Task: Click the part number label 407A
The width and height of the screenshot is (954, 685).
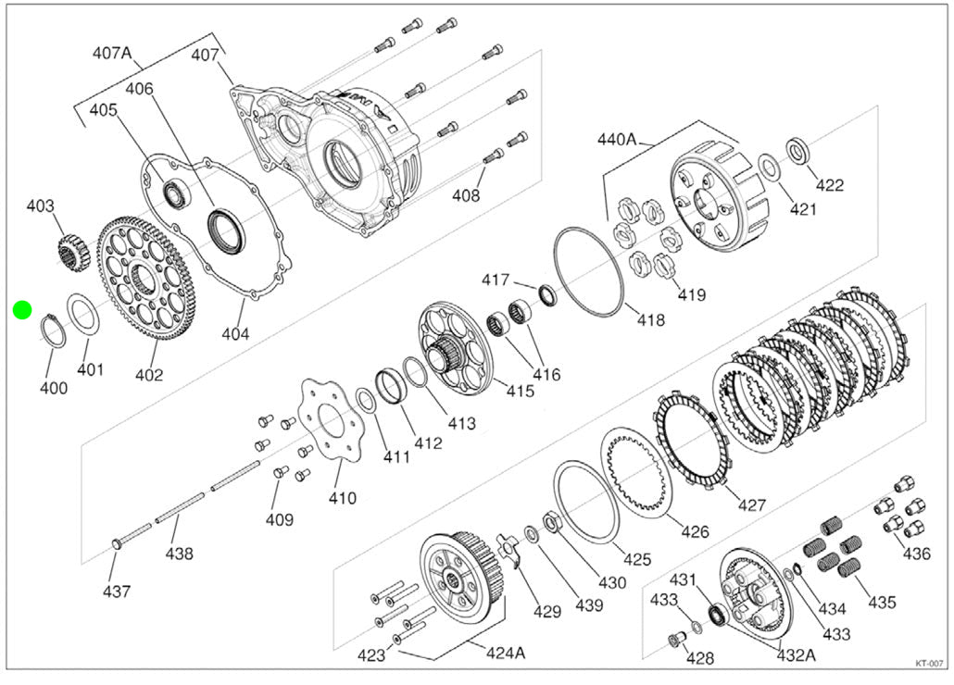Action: [x=112, y=53]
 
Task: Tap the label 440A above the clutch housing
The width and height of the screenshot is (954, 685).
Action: [x=617, y=140]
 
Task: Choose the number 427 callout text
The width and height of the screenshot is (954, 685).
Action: [x=752, y=504]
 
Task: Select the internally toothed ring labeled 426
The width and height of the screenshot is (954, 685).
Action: [x=641, y=473]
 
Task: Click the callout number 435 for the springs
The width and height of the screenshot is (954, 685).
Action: [x=882, y=602]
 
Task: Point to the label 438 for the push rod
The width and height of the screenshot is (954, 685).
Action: [x=179, y=554]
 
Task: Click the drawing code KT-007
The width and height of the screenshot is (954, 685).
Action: [x=928, y=663]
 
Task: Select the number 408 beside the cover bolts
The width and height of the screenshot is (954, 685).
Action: [x=466, y=195]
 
